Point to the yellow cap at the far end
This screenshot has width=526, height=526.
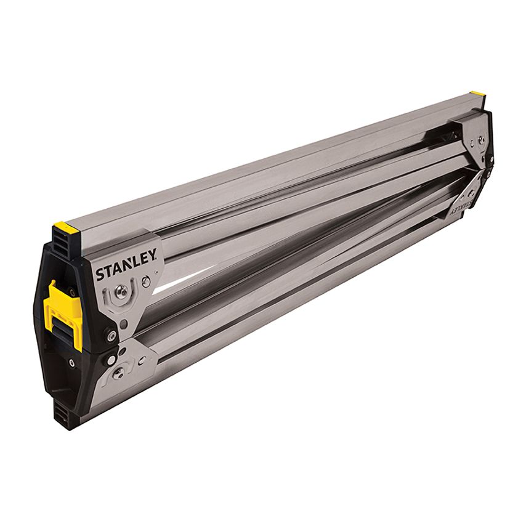tap(477, 96)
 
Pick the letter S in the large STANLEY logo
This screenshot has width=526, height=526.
tap(100, 275)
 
